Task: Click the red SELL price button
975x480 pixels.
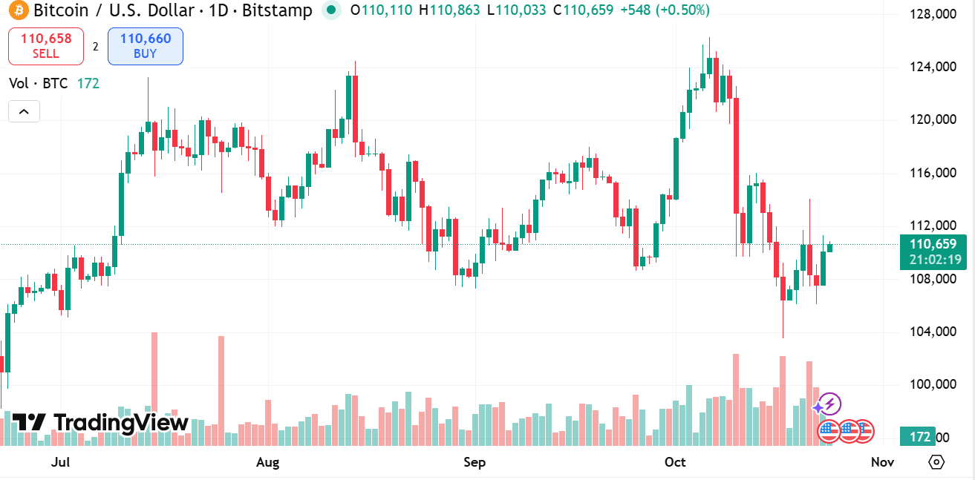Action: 46,46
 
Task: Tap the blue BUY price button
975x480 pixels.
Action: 145,46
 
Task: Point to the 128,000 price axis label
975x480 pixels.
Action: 932,14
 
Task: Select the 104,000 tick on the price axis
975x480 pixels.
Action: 932,332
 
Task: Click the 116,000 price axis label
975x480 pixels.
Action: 932,173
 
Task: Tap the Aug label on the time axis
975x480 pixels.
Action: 267,463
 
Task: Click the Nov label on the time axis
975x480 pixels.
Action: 881,463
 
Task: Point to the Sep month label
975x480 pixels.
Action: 475,463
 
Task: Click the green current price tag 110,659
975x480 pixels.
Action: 933,244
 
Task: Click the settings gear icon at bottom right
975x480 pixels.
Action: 936,462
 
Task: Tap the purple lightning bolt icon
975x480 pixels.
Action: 829,404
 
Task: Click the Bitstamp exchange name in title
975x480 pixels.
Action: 281,10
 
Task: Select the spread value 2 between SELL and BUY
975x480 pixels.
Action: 95,46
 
